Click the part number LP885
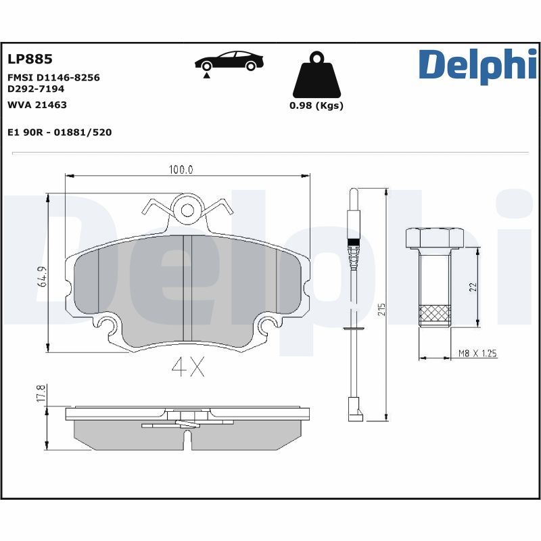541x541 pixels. [x=30, y=60]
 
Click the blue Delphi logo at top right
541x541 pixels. [x=477, y=65]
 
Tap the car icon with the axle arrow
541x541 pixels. [x=229, y=62]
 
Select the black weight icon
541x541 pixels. [x=316, y=76]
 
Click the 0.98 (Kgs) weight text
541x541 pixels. [x=316, y=105]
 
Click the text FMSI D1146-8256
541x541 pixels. [x=53, y=78]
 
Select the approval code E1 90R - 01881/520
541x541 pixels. [x=60, y=133]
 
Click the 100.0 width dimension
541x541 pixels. [x=181, y=170]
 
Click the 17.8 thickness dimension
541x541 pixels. [x=41, y=394]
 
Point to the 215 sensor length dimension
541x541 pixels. [x=382, y=310]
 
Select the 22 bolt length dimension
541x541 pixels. [x=473, y=287]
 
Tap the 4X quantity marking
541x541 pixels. [x=187, y=367]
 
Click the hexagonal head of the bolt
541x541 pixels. [x=433, y=238]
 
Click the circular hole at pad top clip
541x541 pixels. [x=185, y=212]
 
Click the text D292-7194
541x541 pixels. [x=36, y=89]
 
